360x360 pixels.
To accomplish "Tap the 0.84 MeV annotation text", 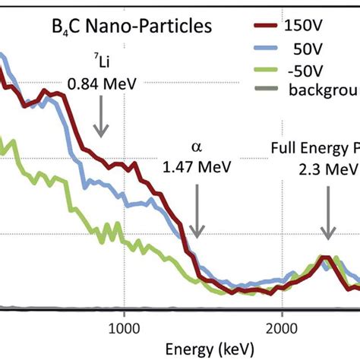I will tap(101, 85).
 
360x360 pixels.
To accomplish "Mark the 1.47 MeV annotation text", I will tap(197, 166).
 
